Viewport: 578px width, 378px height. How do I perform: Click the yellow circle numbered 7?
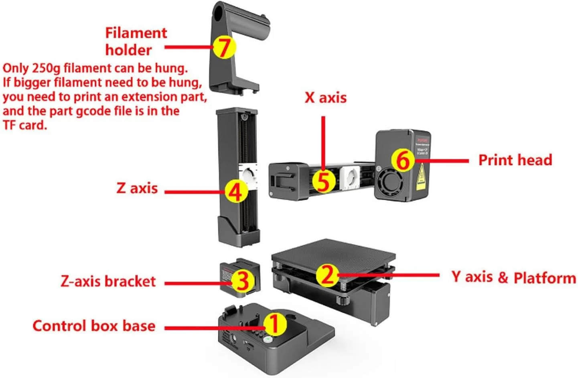(224, 47)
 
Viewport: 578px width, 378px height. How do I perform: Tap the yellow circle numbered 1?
(275, 324)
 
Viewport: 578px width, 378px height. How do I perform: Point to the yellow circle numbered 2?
(327, 275)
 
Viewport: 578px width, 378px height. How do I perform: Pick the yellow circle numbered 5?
(323, 181)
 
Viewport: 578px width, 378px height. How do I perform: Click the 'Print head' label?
(515, 160)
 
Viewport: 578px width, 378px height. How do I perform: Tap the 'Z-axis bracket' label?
(108, 281)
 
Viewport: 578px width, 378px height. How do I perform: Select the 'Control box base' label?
(94, 325)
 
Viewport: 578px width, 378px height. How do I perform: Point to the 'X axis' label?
(325, 98)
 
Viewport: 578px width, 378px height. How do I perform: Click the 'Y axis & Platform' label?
(513, 277)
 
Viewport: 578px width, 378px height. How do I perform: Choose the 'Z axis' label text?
(137, 188)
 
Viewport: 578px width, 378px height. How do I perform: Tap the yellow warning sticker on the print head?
(421, 177)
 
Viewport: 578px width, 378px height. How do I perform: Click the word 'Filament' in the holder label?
(136, 33)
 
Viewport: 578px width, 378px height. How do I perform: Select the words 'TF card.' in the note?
(25, 125)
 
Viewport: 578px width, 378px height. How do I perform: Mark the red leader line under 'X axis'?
(323, 140)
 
